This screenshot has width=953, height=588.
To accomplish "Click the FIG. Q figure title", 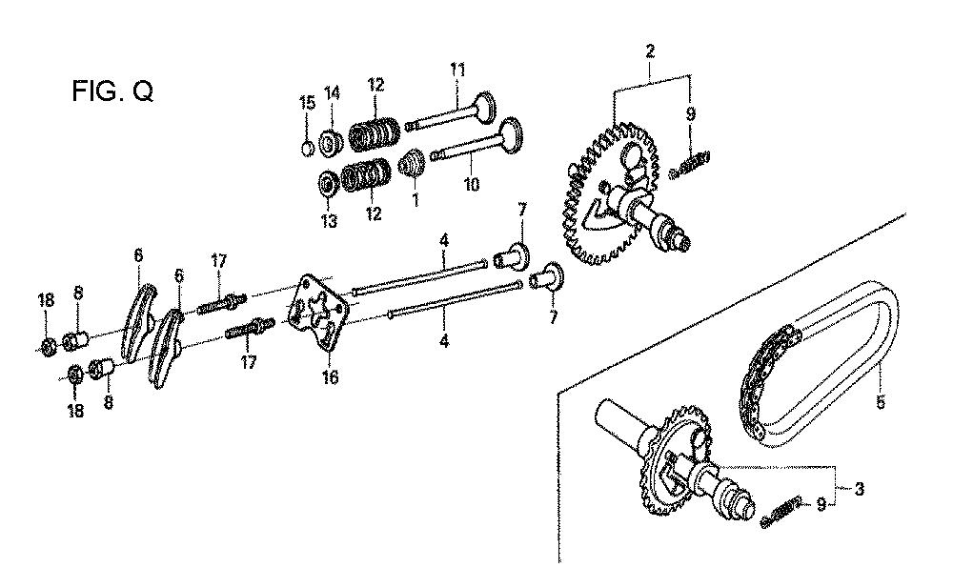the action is pyautogui.click(x=112, y=91).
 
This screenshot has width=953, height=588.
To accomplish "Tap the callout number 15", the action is pyautogui.click(x=308, y=102).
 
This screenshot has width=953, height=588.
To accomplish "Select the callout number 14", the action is pyautogui.click(x=332, y=93).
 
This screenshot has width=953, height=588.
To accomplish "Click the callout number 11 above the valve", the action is pyautogui.click(x=457, y=70).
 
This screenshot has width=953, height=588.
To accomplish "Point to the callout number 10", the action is pyautogui.click(x=472, y=184).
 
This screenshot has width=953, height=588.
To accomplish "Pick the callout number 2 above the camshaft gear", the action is pyautogui.click(x=650, y=51).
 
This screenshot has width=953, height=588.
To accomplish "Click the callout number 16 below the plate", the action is pyautogui.click(x=330, y=377).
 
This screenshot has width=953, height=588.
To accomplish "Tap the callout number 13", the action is pyautogui.click(x=329, y=221).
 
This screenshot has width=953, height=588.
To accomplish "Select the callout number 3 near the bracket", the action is pyautogui.click(x=859, y=488).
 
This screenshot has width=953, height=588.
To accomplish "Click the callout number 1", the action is pyautogui.click(x=416, y=199).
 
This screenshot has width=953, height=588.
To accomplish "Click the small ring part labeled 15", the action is pyautogui.click(x=308, y=148).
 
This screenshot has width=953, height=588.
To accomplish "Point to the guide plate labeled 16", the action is pyautogui.click(x=319, y=312).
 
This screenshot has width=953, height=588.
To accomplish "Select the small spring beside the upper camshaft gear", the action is pyautogui.click(x=690, y=166).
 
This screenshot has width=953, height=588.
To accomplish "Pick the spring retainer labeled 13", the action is pyautogui.click(x=330, y=184).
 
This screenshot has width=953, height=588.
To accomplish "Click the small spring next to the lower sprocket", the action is pyautogui.click(x=782, y=511).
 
